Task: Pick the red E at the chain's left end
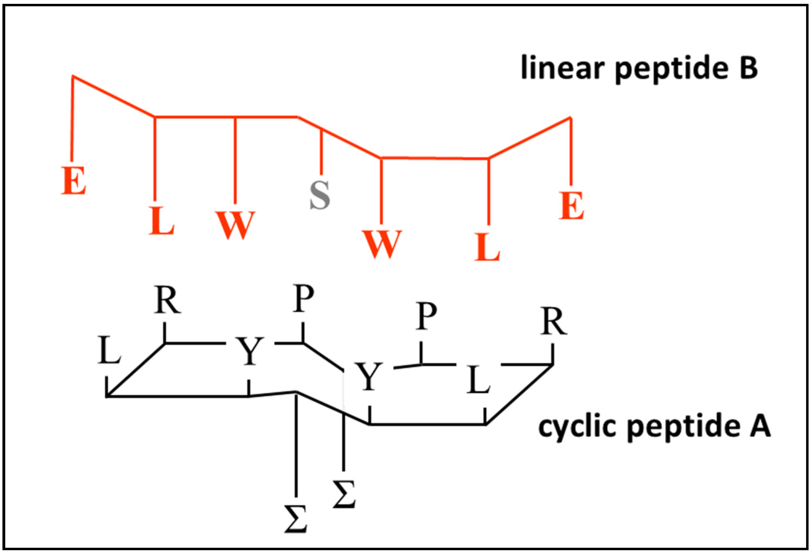tap(73, 181)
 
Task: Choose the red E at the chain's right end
tap(571, 206)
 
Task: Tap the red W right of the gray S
tap(382, 244)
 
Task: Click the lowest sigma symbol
tap(296, 519)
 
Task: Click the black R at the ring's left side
tap(168, 301)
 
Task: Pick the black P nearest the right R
tap(426, 316)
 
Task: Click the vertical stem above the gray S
tap(322, 152)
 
